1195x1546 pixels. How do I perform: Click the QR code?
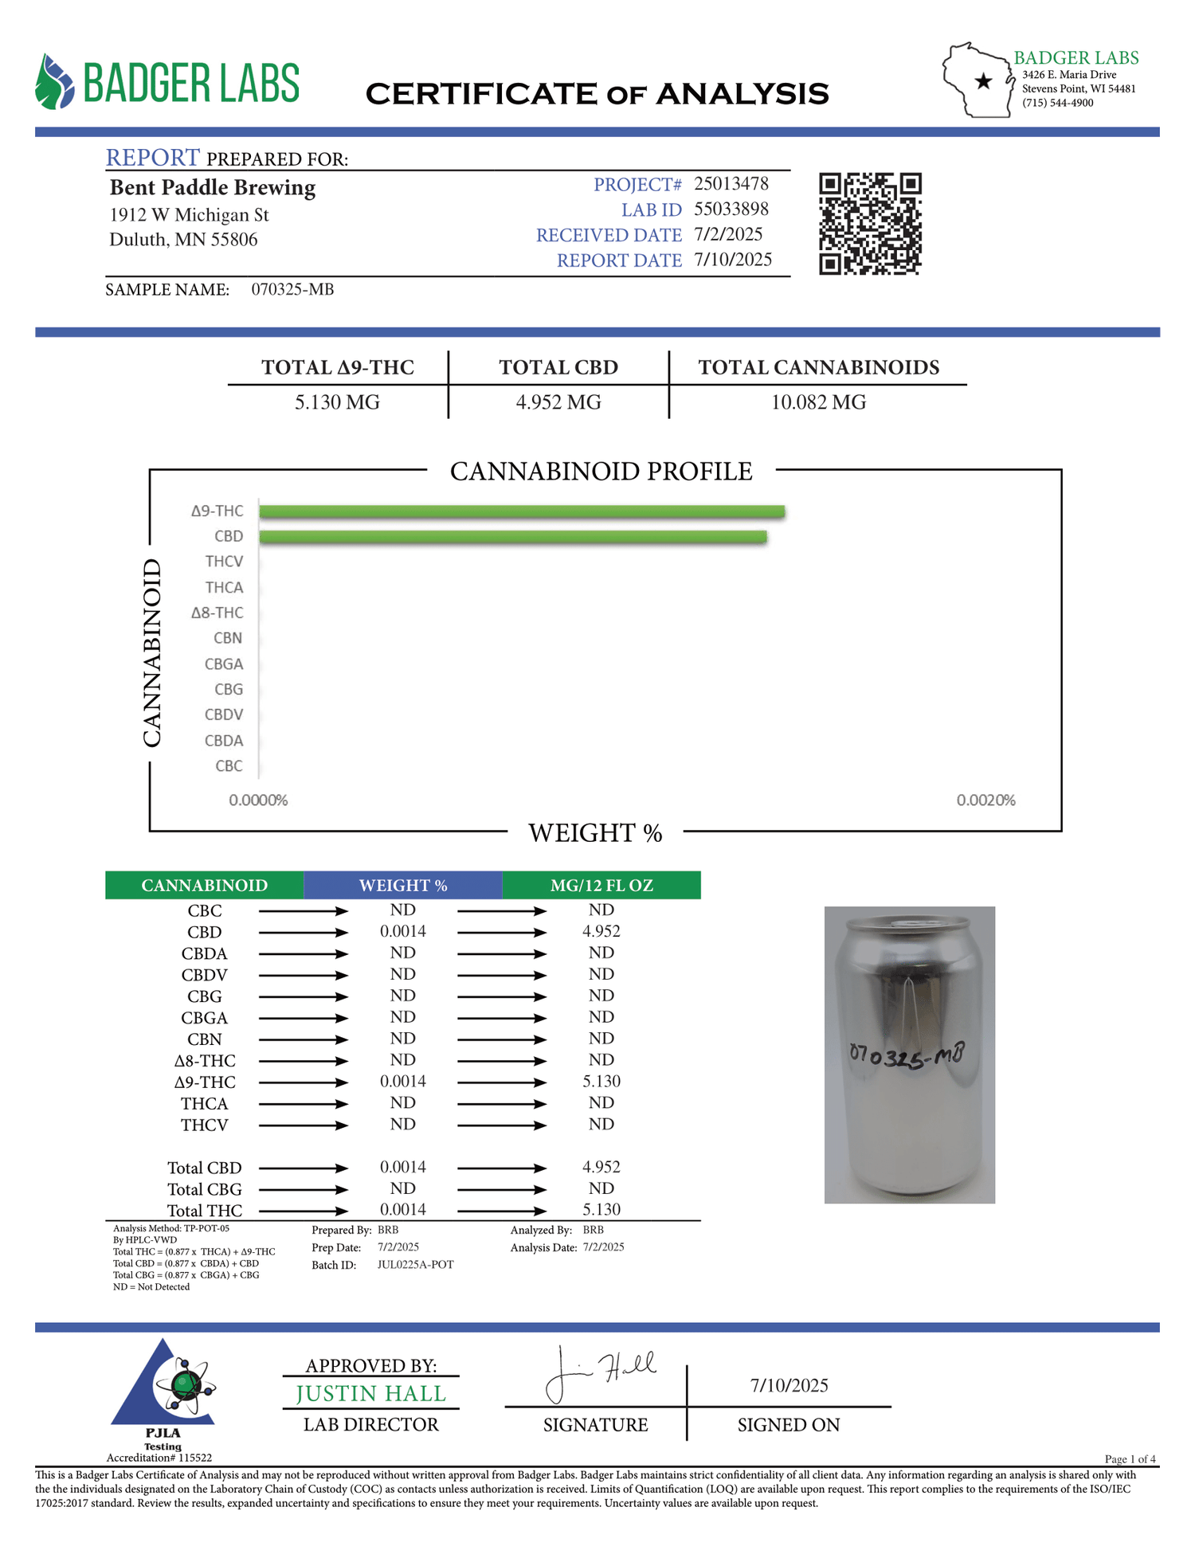[870, 224]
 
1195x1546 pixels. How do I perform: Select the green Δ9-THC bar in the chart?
[522, 511]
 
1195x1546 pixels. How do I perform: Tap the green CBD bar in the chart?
[513, 537]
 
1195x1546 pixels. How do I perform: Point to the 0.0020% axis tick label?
[985, 800]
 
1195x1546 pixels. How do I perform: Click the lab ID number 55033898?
[731, 209]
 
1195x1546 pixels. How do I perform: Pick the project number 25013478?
[731, 184]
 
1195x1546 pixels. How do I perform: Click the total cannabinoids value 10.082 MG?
[818, 402]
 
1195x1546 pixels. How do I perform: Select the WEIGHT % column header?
[402, 885]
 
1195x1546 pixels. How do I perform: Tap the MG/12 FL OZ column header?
[601, 885]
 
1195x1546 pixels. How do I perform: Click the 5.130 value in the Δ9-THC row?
[601, 1081]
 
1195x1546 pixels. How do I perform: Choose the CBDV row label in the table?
[204, 975]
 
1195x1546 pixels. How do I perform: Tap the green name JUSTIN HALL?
[370, 1393]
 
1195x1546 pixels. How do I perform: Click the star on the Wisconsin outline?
[984, 81]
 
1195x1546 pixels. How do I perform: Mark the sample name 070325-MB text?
[292, 289]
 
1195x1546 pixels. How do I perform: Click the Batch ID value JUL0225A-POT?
[415, 1265]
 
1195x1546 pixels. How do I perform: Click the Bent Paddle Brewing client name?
[213, 187]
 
